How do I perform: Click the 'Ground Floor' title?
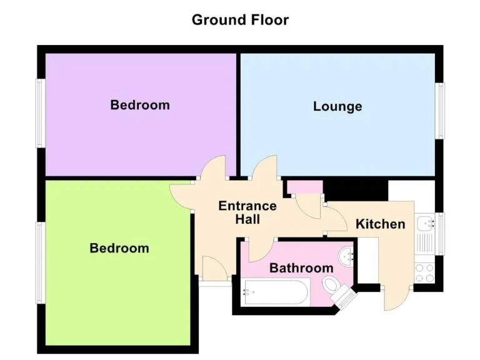(x=240, y=19)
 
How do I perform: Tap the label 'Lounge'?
(x=337, y=106)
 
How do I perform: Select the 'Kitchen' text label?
(x=380, y=224)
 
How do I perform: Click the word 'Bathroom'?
(x=301, y=268)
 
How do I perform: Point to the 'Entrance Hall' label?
(x=247, y=212)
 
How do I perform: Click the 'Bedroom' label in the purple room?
(x=140, y=104)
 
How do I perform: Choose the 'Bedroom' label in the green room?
(x=119, y=248)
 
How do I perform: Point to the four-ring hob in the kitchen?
(x=425, y=272)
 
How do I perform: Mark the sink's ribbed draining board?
(x=425, y=244)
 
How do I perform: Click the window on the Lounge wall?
(x=441, y=111)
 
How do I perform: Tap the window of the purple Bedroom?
(x=40, y=114)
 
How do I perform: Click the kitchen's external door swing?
(x=395, y=299)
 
